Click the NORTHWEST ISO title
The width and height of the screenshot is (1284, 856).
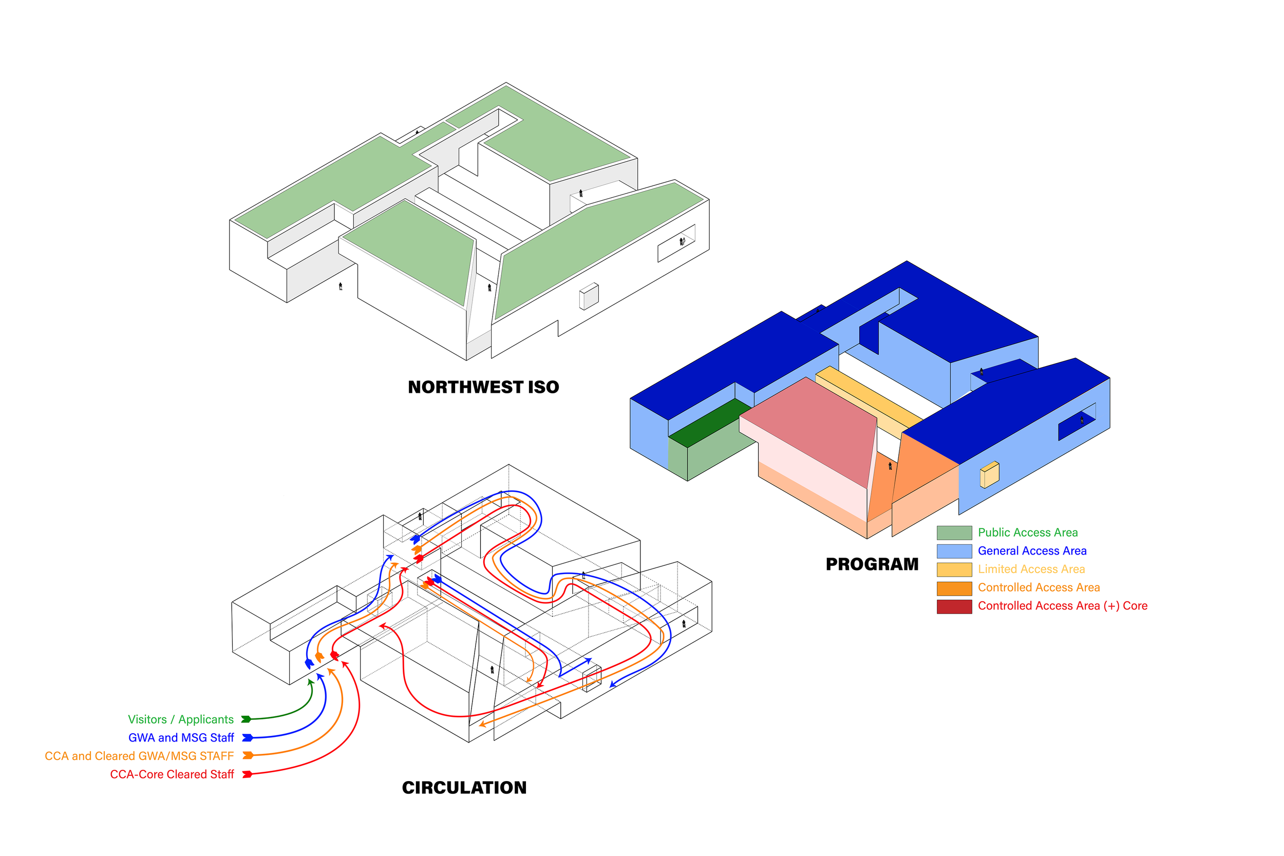click(x=483, y=387)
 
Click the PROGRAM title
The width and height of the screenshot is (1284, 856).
click(x=872, y=564)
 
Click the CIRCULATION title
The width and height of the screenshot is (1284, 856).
click(x=464, y=787)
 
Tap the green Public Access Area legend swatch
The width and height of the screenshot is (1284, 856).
click(x=954, y=533)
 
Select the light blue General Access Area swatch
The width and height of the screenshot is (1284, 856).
click(x=954, y=551)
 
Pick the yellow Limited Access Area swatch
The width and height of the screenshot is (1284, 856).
click(x=954, y=569)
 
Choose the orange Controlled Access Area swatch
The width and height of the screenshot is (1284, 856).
click(x=954, y=588)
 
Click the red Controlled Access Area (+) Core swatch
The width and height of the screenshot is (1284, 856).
click(x=954, y=606)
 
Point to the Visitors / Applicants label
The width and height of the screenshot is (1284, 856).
click(x=181, y=719)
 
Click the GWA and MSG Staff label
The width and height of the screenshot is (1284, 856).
click(x=181, y=737)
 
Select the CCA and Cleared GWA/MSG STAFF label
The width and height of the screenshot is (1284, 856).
click(x=139, y=755)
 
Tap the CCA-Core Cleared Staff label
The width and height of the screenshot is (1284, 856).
click(x=172, y=774)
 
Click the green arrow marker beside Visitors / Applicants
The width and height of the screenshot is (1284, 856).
click(x=246, y=719)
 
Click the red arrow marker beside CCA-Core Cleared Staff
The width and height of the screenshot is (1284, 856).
click(x=247, y=774)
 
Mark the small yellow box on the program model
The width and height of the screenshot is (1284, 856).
click(x=989, y=474)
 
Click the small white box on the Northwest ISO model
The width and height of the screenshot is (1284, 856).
click(x=589, y=296)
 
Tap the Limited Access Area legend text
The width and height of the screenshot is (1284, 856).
click(x=1031, y=569)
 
